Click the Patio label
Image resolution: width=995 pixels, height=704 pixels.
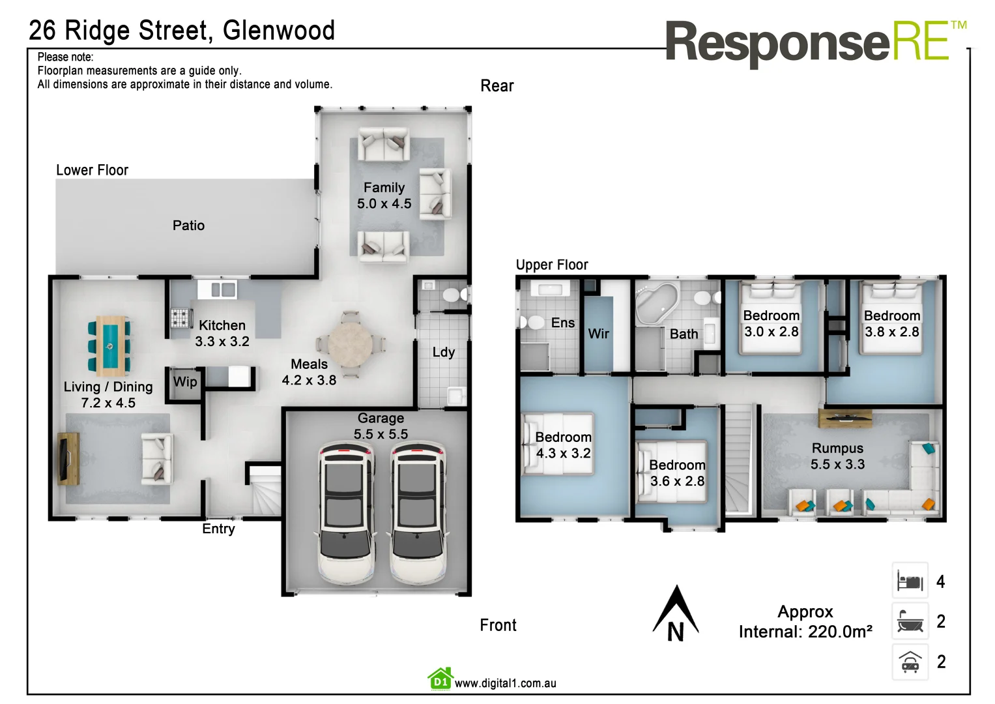tap(188, 226)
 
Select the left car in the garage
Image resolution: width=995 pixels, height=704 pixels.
tap(346, 513)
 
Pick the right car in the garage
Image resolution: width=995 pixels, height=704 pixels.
tap(418, 513)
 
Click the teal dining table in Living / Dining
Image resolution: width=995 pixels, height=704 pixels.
tap(109, 345)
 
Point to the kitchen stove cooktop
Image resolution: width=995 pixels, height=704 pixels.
tap(180, 317)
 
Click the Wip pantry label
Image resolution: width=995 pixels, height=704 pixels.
tap(185, 382)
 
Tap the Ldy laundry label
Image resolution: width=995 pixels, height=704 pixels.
tap(444, 352)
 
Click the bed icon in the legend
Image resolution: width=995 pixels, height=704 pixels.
tap(910, 581)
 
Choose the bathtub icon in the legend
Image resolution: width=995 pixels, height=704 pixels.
tap(910, 621)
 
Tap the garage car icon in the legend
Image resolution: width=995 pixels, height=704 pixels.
tap(910, 662)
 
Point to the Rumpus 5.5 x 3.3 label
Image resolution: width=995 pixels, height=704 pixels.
tap(837, 456)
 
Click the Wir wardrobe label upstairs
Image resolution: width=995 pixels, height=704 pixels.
tap(598, 334)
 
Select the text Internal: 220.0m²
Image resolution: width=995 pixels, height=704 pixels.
tap(805, 632)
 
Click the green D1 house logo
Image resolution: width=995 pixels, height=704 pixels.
tap(440, 679)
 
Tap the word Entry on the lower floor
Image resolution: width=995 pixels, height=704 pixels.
tap(218, 529)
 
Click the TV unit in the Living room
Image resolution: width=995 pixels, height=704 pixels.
tap(68, 459)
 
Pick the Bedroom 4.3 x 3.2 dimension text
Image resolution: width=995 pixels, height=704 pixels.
tap(563, 453)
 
